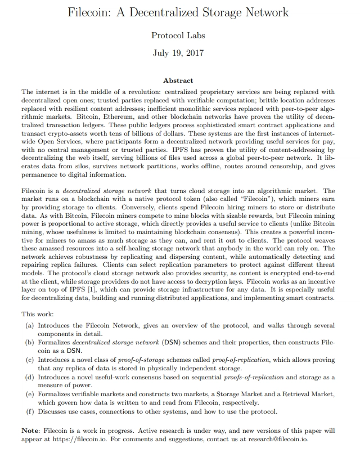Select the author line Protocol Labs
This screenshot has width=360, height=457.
click(x=178, y=35)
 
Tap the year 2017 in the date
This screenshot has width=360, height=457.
click(x=192, y=53)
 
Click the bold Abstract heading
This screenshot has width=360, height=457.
click(x=178, y=80)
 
